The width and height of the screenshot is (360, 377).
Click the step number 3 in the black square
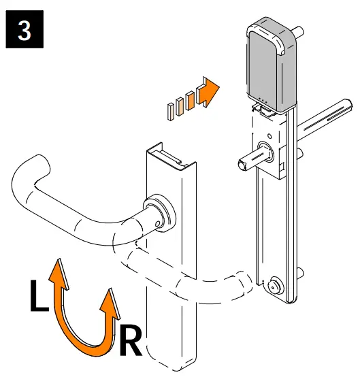tap(24, 32)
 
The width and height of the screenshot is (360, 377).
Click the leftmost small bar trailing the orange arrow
tap(169, 111)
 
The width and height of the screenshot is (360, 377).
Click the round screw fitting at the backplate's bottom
tap(276, 284)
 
